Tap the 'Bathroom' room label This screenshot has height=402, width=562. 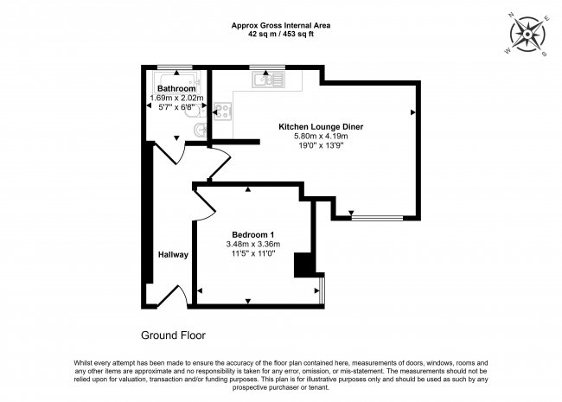coord(176,88)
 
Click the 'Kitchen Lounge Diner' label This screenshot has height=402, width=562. coord(320,126)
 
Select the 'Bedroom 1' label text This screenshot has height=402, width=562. coord(253,234)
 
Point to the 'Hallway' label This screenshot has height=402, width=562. coord(173,255)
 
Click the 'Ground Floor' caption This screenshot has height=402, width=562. coord(173,335)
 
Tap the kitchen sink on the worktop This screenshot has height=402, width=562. coord(268,80)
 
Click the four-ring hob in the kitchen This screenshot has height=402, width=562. coord(221,111)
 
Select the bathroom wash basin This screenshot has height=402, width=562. coord(200,131)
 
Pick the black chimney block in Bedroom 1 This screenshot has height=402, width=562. coord(305,265)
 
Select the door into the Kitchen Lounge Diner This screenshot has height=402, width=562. coord(220,163)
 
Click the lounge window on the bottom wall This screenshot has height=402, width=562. coord(376,217)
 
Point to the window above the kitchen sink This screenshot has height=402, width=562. coord(262,67)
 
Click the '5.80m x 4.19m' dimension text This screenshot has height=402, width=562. coord(320,137)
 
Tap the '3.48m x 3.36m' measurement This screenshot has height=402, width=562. coord(253,245)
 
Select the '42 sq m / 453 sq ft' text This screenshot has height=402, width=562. coord(281,35)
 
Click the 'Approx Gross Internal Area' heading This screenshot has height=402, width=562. coord(281,25)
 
